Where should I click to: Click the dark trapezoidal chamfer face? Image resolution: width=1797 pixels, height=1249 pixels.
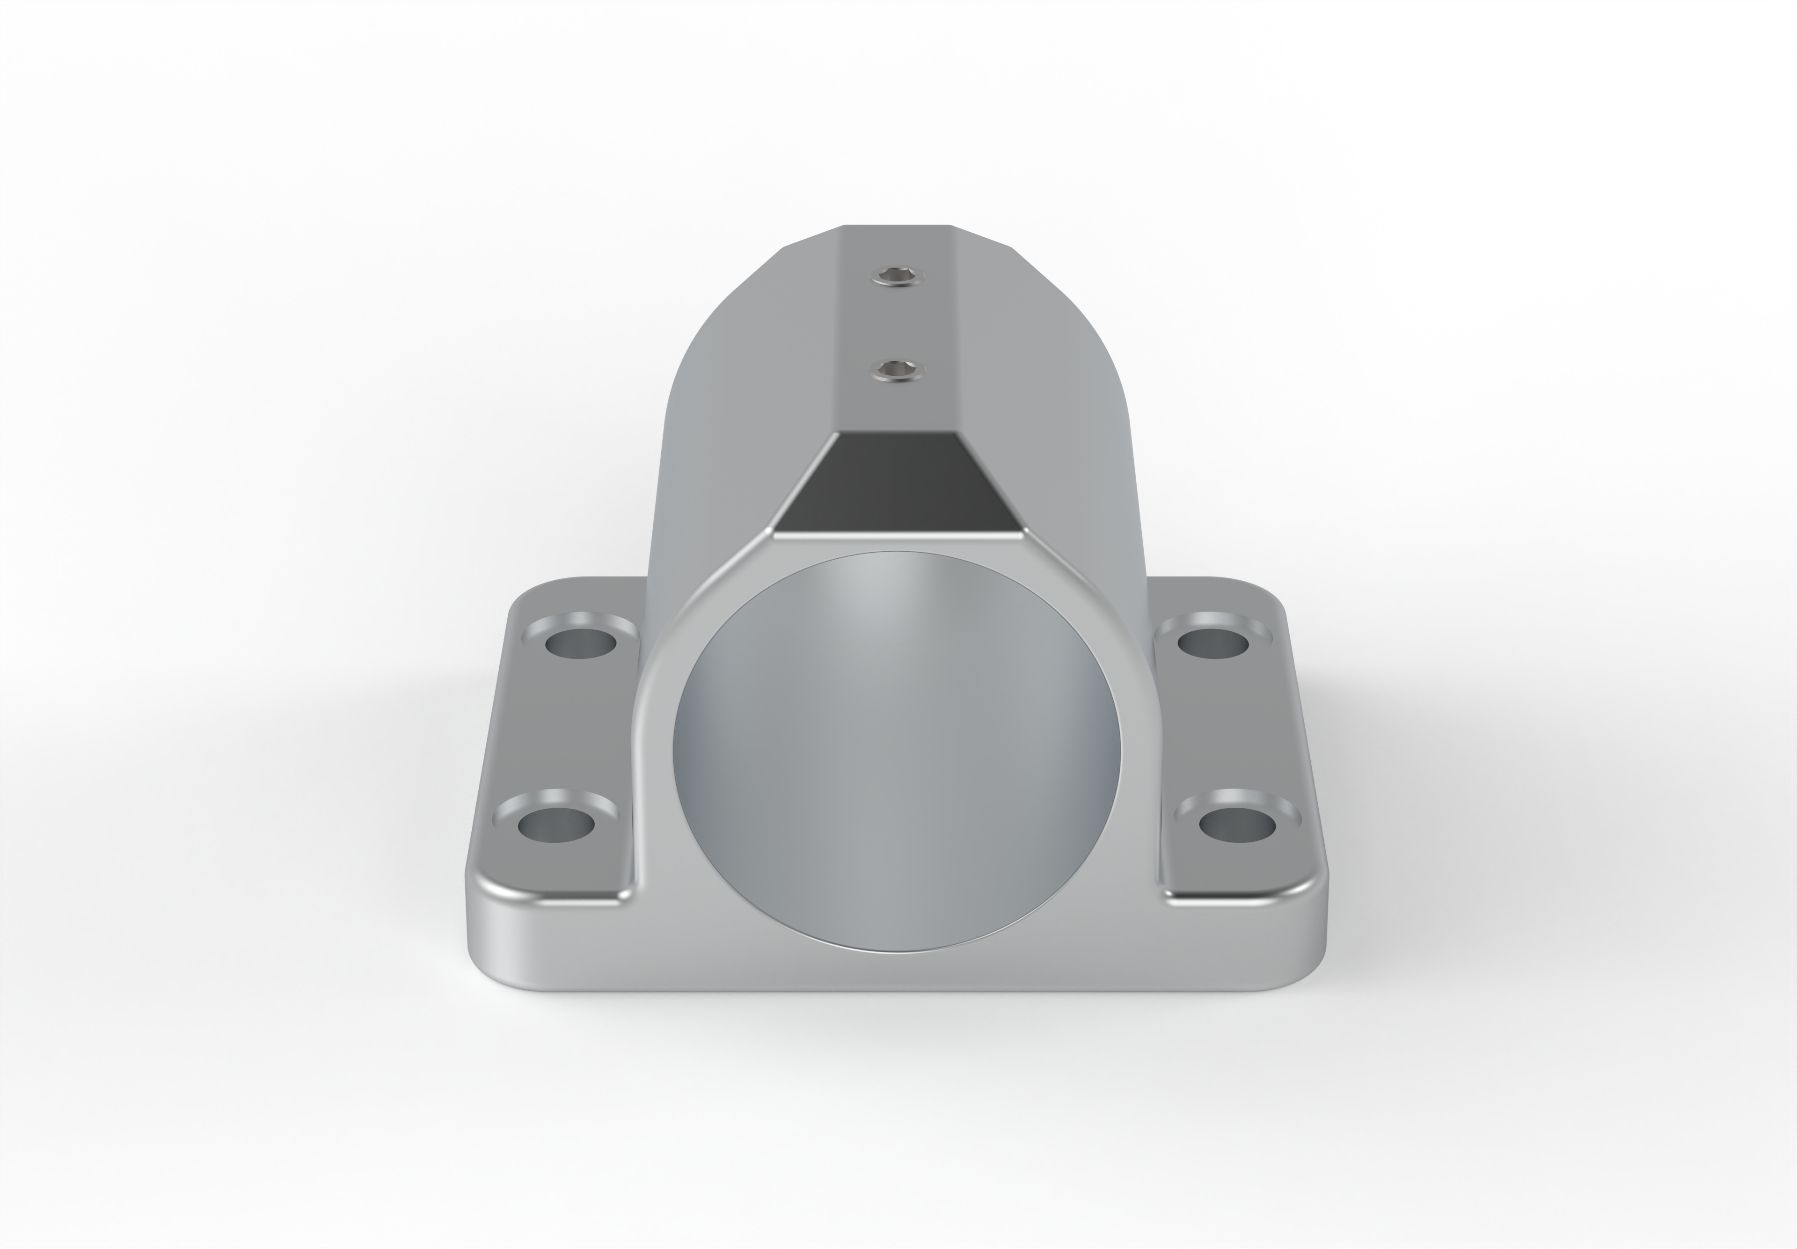pyautogui.click(x=897, y=481)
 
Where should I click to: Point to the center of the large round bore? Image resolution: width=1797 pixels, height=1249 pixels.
pyautogui.click(x=897, y=751)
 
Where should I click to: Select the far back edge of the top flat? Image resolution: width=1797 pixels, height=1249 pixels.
pyautogui.click(x=897, y=226)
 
